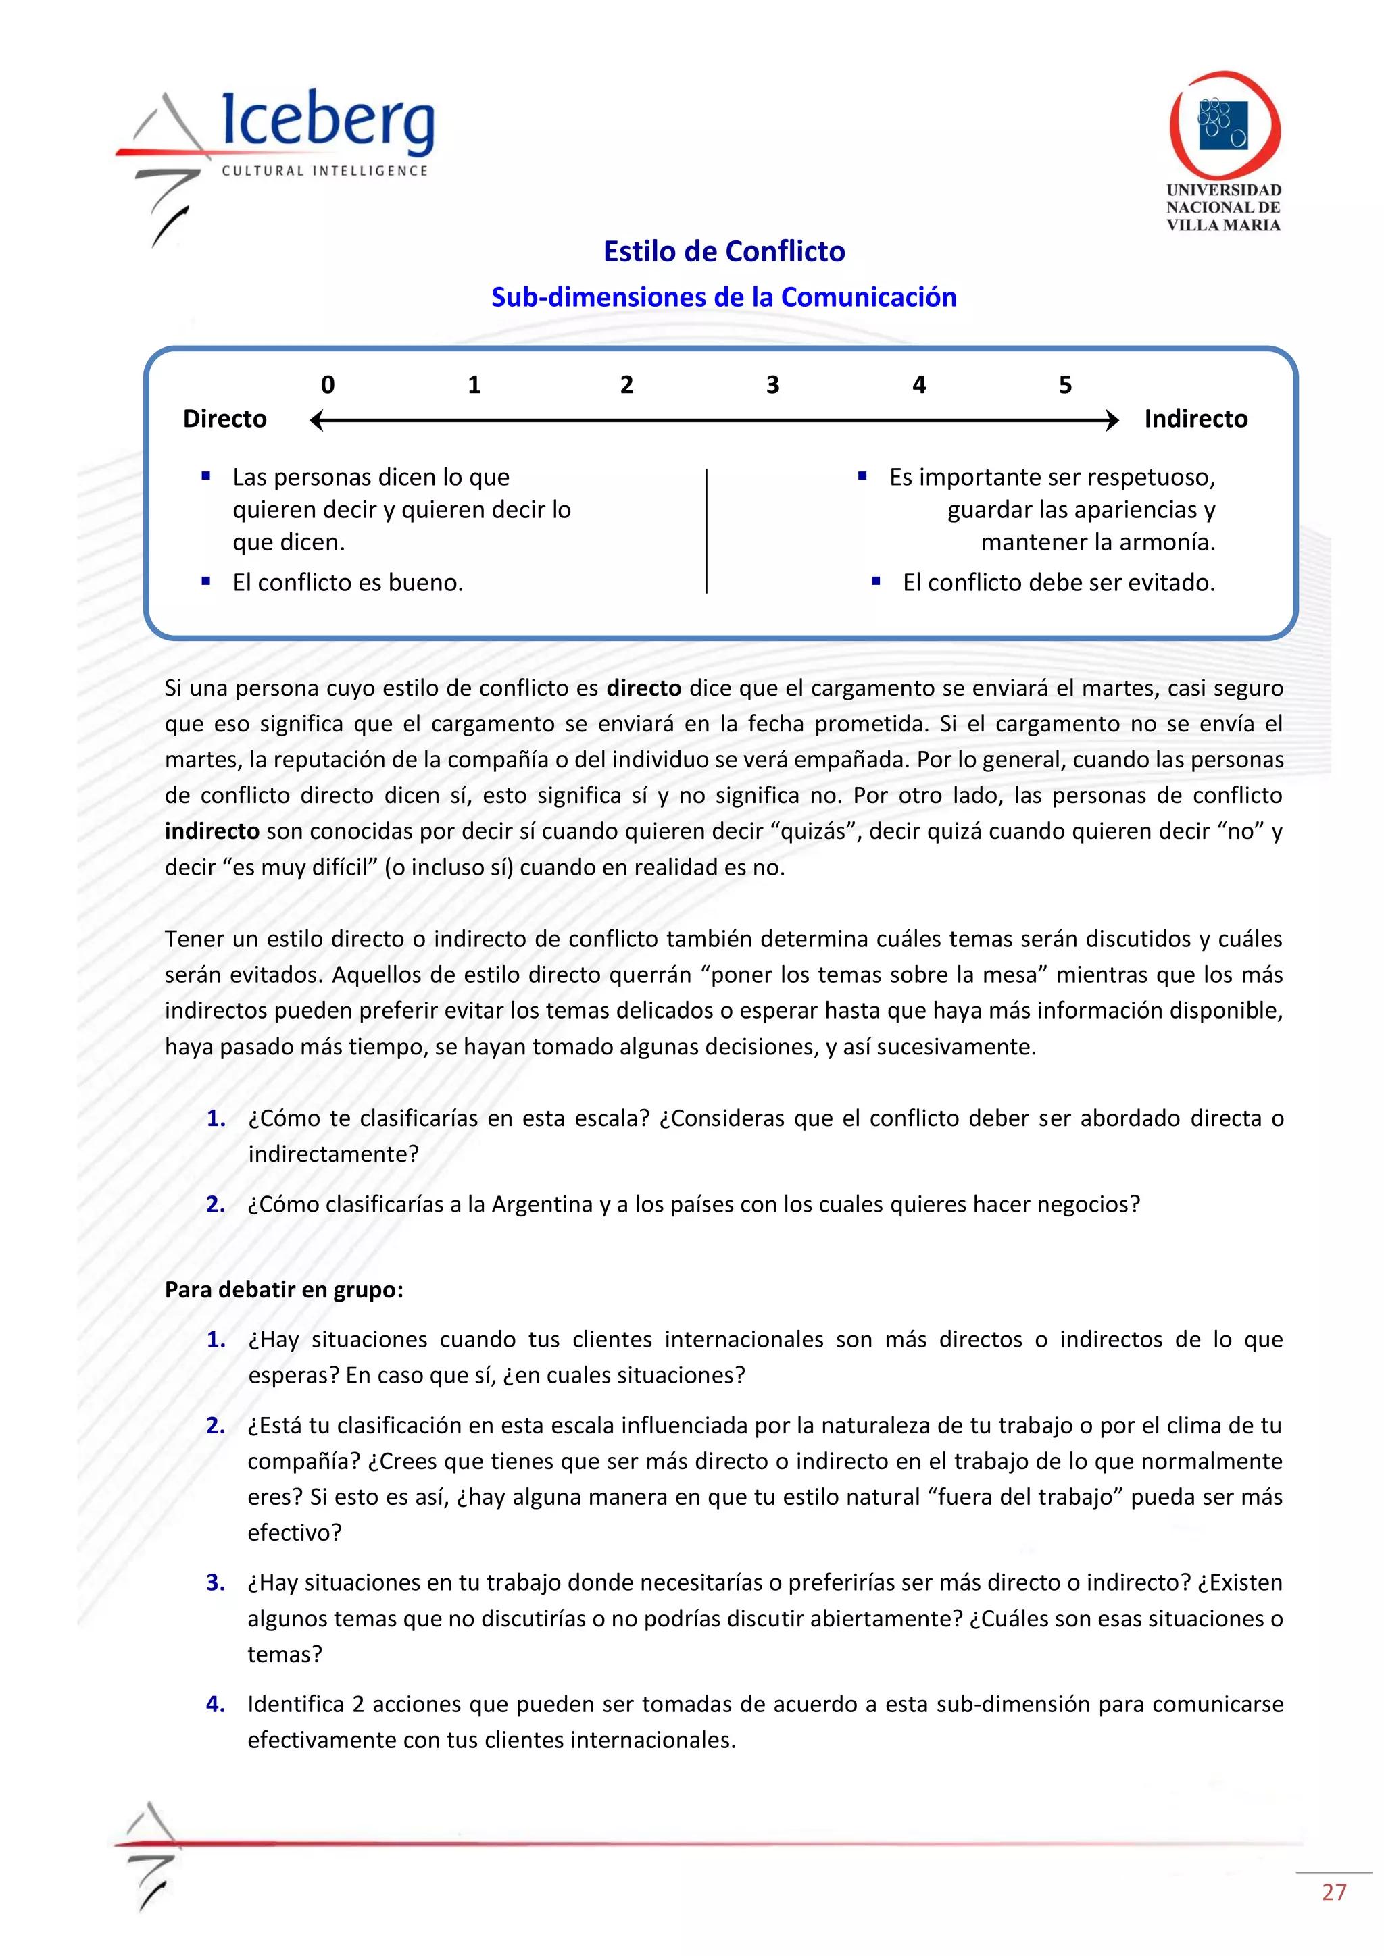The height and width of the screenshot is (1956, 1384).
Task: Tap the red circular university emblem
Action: (x=1225, y=124)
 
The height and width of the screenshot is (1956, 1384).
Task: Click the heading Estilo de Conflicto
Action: (x=724, y=251)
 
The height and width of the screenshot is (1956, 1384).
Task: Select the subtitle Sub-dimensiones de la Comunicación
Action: (x=724, y=297)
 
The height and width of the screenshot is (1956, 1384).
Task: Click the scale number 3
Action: (x=772, y=385)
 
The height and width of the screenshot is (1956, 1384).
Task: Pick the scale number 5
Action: (x=1064, y=385)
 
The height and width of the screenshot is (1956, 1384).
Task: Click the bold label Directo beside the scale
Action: (x=225, y=419)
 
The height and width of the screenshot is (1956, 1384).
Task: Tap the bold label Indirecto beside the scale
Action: (x=1195, y=419)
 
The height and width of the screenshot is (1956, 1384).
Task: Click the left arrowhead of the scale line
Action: (x=316, y=420)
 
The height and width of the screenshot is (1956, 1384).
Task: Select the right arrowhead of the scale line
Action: (x=1112, y=420)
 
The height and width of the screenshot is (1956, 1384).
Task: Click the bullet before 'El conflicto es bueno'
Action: (x=206, y=581)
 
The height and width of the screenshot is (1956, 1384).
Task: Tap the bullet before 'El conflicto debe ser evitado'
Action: (x=876, y=581)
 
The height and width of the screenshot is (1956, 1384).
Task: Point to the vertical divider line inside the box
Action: (x=706, y=530)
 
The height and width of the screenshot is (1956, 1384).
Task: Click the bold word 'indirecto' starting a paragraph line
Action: (x=212, y=831)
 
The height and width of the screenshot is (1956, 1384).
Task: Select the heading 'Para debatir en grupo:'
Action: (x=284, y=1290)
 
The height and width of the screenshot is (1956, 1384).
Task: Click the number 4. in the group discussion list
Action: (x=216, y=1704)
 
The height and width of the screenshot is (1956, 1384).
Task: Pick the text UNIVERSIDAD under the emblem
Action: (x=1224, y=190)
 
